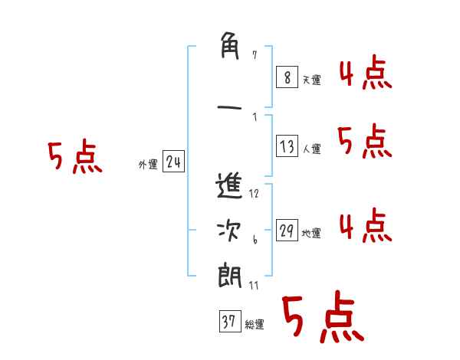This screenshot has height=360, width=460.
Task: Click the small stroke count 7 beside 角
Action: [x=255, y=55]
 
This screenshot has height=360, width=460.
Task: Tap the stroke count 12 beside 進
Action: [x=255, y=194]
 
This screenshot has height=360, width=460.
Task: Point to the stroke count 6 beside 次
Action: [x=255, y=240]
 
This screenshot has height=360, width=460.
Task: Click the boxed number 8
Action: [x=287, y=77]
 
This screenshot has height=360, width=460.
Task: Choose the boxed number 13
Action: [x=287, y=147]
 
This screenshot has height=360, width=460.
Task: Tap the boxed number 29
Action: [x=287, y=231]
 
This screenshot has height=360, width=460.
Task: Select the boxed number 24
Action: [x=173, y=162]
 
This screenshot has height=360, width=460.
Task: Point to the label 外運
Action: [x=147, y=164]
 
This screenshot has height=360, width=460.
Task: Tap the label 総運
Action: [x=255, y=324]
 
